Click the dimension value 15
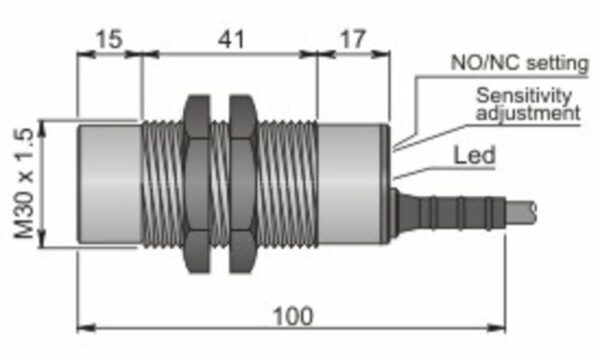pyautogui.click(x=109, y=39)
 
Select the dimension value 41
pyautogui.click(x=231, y=39)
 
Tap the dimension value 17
pyautogui.click(x=353, y=39)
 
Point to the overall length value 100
pyautogui.click(x=293, y=317)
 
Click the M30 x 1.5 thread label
pyautogui.click(x=24, y=183)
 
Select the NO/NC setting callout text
pyautogui.click(x=520, y=63)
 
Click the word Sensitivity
pyautogui.click(x=524, y=95)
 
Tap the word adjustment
pyautogui.click(x=528, y=113)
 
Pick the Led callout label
pyautogui.click(x=474, y=155)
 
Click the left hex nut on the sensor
pyautogui.click(x=197, y=184)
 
